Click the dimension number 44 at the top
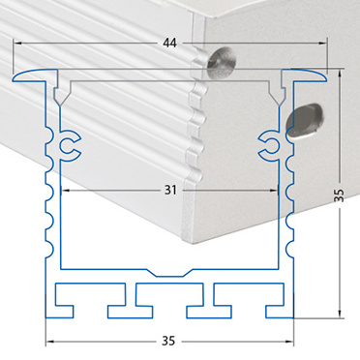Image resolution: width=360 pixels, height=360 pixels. coord(170,43)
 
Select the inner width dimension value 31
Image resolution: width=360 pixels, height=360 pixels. coord(170,190)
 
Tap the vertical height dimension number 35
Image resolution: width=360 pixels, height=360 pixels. coord(339,195)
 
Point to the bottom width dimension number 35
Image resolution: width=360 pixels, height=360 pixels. coord(168,341)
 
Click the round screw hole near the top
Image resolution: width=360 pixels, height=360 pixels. coord(221,63)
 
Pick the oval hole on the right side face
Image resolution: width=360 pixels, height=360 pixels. coord(304,121)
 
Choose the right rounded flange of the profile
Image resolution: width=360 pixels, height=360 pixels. coord(304,75)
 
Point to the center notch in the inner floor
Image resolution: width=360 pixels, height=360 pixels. coord(169,273)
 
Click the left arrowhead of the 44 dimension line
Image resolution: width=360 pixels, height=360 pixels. coord(17,43)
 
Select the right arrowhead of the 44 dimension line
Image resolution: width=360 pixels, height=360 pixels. coord(323,43)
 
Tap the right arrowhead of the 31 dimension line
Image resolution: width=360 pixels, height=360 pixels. coord(274,191)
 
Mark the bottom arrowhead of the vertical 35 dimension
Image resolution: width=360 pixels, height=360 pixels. coord(339,314)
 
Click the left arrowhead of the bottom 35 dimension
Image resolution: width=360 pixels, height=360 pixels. coord(49,341)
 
